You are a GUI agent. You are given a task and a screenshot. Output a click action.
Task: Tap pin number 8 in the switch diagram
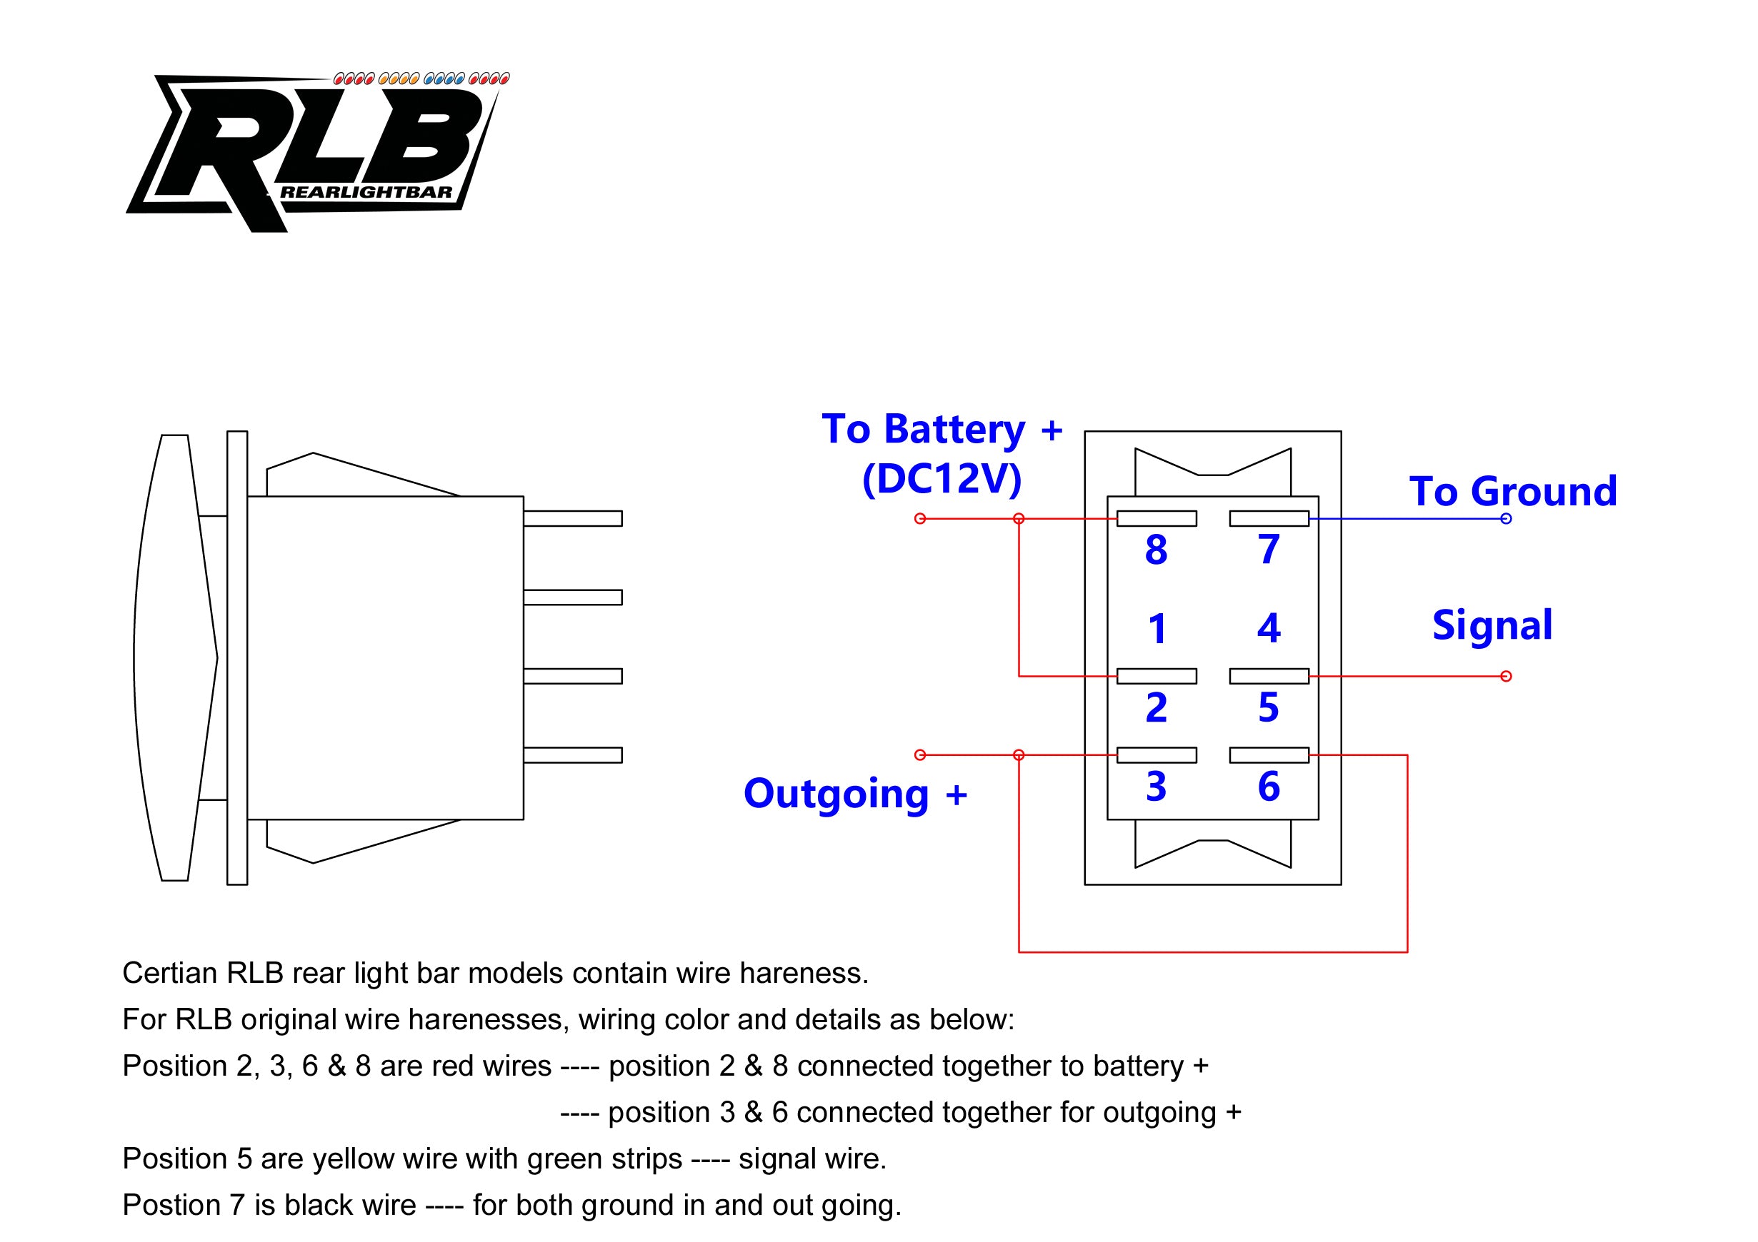(x=1157, y=550)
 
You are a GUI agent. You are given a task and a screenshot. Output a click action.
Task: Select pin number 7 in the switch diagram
(x=1269, y=550)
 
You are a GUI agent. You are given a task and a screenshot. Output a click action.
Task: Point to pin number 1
(x=1157, y=629)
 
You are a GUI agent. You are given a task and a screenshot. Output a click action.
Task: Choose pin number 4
(x=1269, y=628)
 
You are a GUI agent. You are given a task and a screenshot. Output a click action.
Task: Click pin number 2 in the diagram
(x=1157, y=708)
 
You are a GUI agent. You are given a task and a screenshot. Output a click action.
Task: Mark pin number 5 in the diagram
(x=1269, y=708)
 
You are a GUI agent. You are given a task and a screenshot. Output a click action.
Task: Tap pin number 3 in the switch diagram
(x=1157, y=787)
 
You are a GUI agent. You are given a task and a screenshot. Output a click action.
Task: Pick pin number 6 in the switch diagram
(x=1269, y=787)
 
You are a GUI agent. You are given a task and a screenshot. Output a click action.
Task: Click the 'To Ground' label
(x=1514, y=491)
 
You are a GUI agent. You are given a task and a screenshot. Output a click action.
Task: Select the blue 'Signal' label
(x=1492, y=626)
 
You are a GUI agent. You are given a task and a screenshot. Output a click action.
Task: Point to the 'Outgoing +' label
(x=855, y=794)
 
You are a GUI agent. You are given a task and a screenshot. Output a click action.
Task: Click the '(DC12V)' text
(x=942, y=480)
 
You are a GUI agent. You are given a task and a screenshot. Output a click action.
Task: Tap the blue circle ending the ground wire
(x=1506, y=519)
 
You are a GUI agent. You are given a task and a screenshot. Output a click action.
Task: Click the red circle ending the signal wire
(x=1506, y=677)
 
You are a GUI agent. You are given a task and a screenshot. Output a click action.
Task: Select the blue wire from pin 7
(x=1407, y=519)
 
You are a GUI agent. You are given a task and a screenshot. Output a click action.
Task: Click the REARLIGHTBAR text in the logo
(x=366, y=192)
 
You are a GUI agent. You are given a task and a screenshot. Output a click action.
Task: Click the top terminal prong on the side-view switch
(x=573, y=519)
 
